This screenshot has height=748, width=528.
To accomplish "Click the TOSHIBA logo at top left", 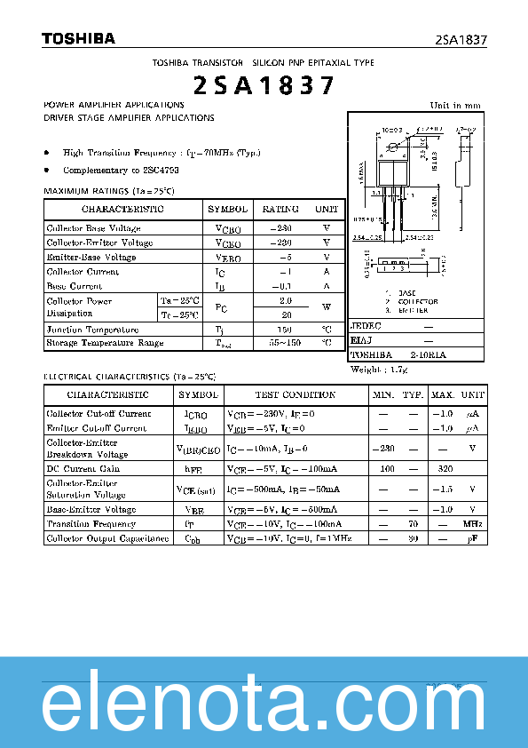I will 78,39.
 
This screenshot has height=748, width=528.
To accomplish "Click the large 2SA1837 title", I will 264,86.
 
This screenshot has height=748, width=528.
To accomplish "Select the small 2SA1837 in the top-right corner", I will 461,41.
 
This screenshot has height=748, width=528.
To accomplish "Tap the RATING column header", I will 280,209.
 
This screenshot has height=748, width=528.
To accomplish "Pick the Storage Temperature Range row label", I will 105,342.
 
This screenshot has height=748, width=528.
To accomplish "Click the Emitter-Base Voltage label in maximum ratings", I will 91,257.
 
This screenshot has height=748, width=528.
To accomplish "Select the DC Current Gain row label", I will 83,468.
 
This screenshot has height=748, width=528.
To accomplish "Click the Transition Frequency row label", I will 90,524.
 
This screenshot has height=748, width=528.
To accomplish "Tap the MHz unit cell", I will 472,524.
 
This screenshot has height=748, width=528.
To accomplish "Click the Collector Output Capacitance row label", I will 107,538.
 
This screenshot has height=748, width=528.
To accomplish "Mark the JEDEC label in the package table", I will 366,326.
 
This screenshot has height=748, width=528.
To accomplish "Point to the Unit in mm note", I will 454,105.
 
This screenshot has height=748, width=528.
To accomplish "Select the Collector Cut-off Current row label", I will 99,413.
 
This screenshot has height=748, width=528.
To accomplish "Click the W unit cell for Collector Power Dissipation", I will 327,306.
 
